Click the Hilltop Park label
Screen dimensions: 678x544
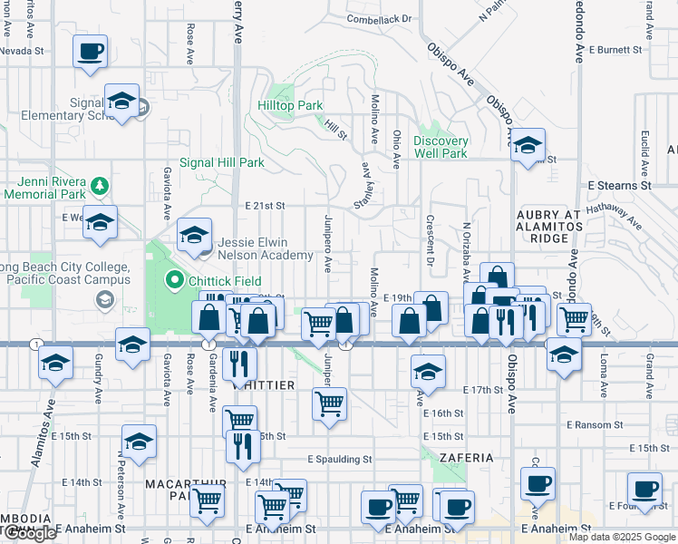291,106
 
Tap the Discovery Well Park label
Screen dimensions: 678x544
441,147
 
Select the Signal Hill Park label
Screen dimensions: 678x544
221,163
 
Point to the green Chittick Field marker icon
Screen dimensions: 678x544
177,281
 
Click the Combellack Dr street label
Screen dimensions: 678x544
379,19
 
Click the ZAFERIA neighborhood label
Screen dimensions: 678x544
466,458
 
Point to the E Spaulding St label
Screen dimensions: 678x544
339,460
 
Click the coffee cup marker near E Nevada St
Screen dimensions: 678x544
90,52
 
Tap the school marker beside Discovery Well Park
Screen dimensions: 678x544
528,146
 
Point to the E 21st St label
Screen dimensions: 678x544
265,207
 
